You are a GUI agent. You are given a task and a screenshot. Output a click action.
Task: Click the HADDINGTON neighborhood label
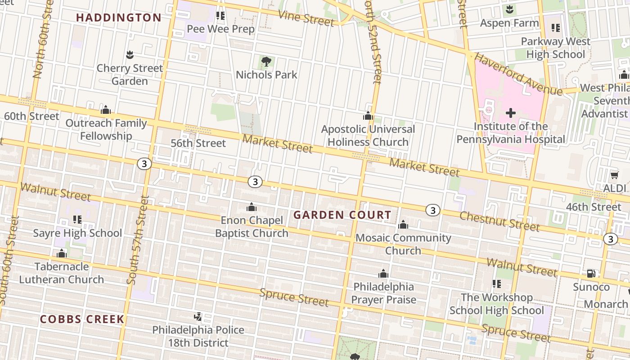click(x=118, y=18)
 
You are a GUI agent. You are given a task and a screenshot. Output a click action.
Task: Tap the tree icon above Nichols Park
click(x=266, y=61)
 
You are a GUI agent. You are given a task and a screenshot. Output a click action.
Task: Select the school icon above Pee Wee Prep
click(x=220, y=16)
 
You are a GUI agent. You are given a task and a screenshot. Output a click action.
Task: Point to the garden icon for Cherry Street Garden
click(x=130, y=55)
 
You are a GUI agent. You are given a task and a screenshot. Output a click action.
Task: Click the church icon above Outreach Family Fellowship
click(x=106, y=110)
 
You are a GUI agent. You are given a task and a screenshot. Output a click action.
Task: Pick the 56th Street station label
click(x=198, y=143)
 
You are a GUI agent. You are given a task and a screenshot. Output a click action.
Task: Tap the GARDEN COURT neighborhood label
click(x=342, y=215)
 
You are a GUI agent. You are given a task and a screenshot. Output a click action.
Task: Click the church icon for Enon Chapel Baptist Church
click(x=252, y=207)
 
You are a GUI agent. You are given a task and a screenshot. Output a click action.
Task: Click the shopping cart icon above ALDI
click(x=615, y=175)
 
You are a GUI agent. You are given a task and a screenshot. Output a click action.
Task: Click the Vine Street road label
click(x=306, y=18)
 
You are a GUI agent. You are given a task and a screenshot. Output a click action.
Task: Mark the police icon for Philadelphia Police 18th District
click(x=198, y=317)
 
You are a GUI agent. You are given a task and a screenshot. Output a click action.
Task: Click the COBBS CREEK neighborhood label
click(x=82, y=319)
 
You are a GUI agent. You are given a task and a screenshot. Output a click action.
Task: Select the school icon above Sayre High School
click(x=77, y=220)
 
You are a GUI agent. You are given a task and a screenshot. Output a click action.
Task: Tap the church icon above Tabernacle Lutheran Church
click(x=62, y=254)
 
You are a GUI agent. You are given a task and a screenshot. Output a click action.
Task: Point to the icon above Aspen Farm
click(x=509, y=9)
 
